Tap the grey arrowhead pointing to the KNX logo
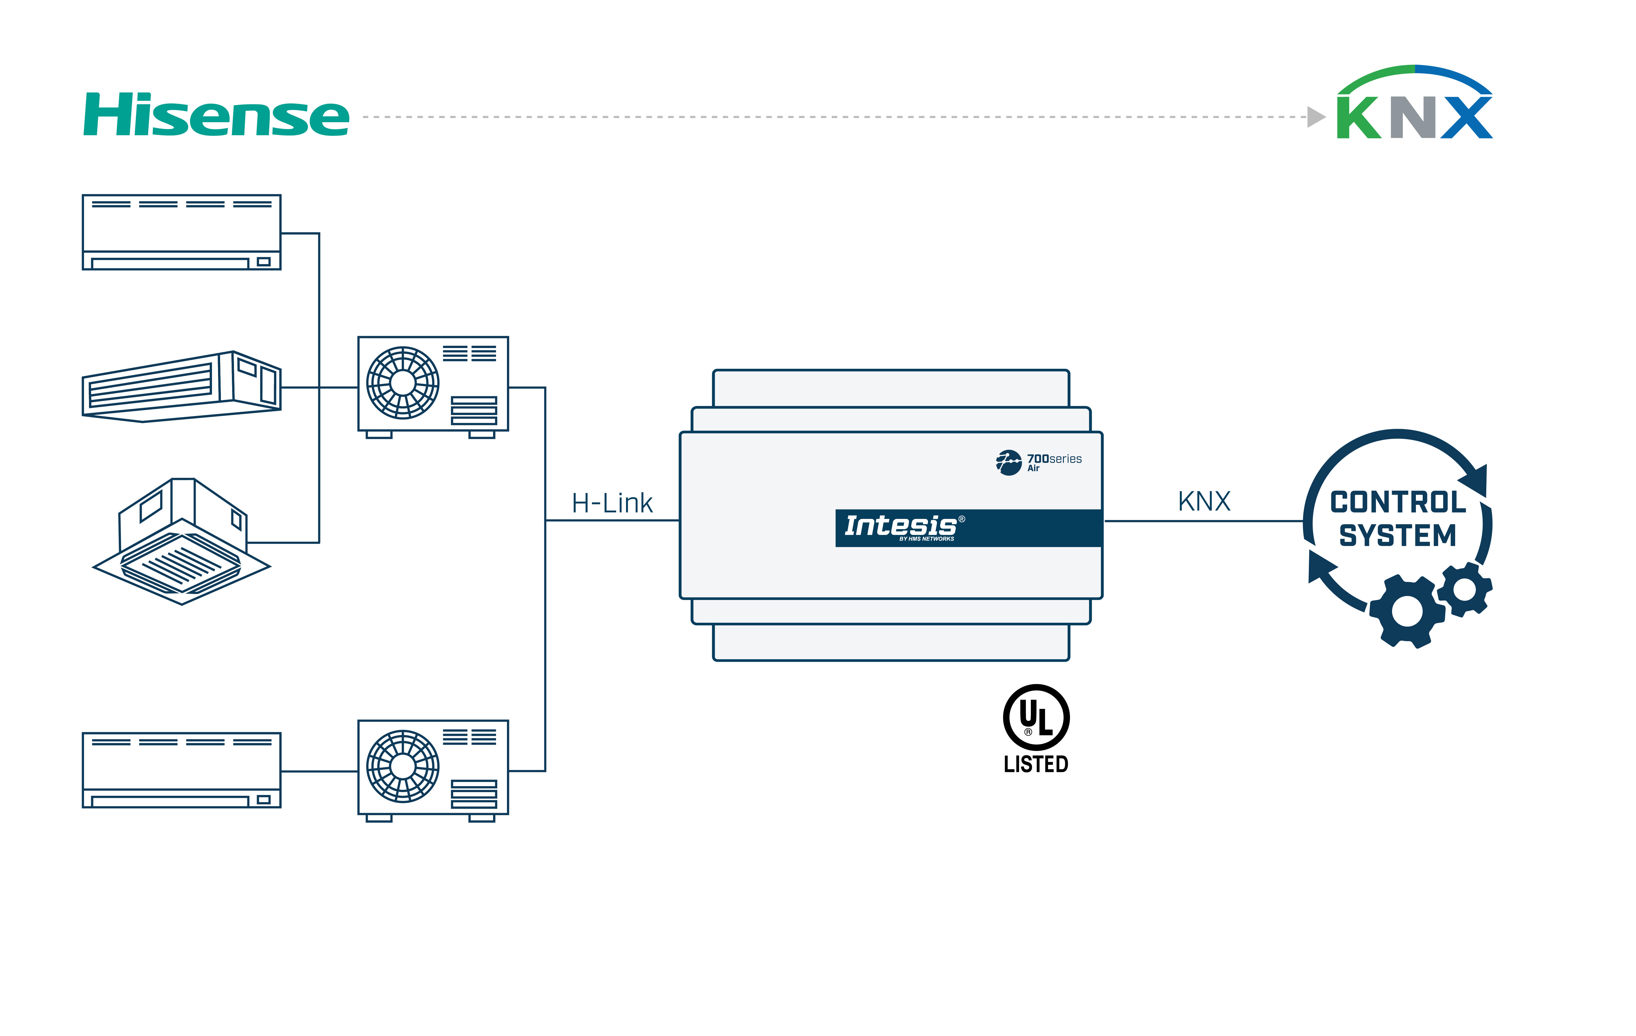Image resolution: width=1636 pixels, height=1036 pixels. click(x=1316, y=117)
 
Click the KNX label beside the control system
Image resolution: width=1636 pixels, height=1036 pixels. click(x=1204, y=501)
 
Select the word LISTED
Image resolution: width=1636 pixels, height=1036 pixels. click(x=1036, y=764)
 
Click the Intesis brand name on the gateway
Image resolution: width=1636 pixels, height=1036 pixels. click(x=900, y=526)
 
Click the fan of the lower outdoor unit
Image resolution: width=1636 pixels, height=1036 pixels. click(x=403, y=766)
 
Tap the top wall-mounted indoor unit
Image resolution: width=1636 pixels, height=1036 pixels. click(x=181, y=232)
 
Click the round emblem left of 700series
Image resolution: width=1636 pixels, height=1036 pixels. click(x=1008, y=463)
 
